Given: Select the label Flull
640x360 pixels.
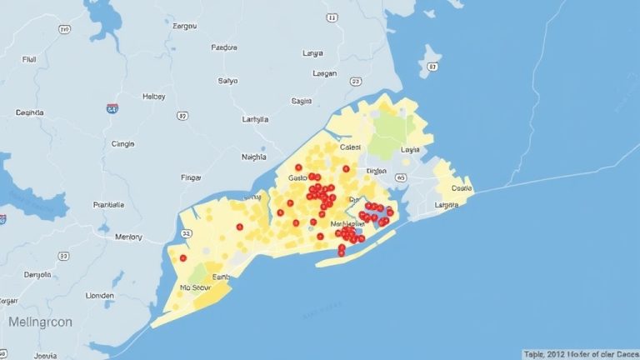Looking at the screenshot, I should coord(29,60).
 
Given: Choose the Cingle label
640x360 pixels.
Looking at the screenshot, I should coord(122,143).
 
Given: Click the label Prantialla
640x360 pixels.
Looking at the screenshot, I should coord(108,204).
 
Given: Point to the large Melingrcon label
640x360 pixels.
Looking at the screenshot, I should coord(40,321).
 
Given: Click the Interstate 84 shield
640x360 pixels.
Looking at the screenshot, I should coord(112,108).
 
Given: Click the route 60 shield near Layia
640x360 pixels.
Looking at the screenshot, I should coord(401,177).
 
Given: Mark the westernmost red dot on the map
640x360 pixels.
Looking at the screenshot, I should coord(182,258).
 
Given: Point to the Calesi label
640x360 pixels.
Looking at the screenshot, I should coord(352,147).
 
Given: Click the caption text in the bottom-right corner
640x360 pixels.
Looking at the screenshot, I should coord(579,353).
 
